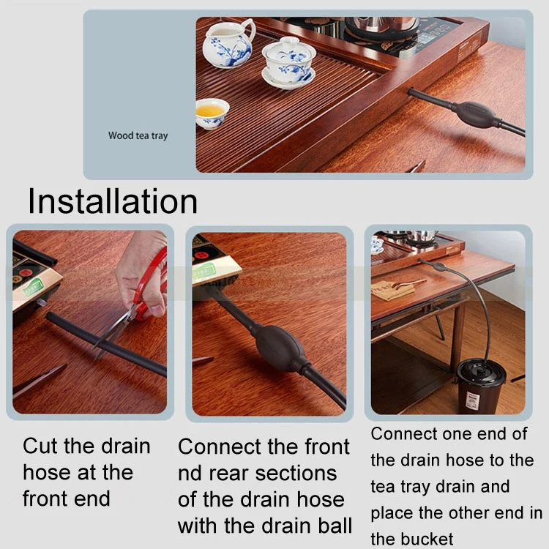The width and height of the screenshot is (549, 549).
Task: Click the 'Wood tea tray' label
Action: click(x=138, y=135)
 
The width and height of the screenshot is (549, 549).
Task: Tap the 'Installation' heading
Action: click(x=113, y=201)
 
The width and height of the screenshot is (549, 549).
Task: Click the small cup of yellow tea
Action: click(x=212, y=113)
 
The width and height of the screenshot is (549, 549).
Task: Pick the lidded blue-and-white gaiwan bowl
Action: click(x=289, y=63)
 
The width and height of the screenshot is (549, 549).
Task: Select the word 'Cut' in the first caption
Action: click(x=40, y=447)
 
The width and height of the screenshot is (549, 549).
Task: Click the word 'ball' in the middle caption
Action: click(x=335, y=525)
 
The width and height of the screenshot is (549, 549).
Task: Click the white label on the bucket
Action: click(x=472, y=401)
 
